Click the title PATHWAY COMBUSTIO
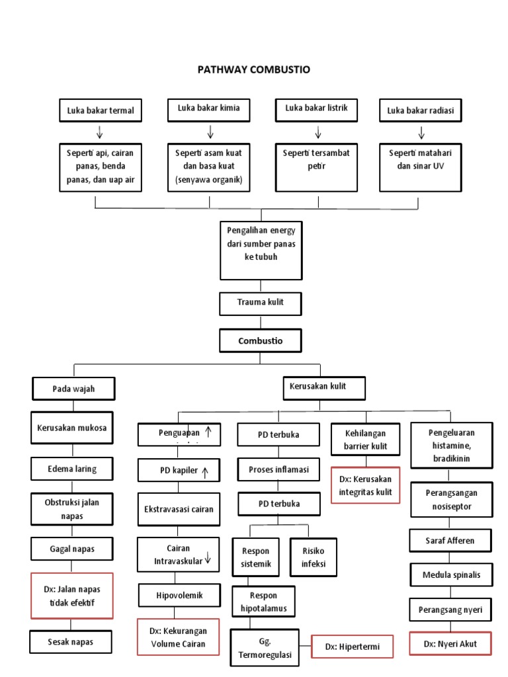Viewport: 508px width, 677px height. coord(255,69)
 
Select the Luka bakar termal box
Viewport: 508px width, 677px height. coord(100,110)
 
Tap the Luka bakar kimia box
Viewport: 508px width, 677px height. coord(208,108)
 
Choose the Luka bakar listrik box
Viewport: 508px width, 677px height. coord(316,108)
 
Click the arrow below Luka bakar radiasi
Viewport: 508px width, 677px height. coord(421,133)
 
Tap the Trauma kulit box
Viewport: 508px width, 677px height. coord(261,303)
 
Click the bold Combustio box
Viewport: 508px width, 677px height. coord(261,341)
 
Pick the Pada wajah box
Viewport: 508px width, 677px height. coord(73,389)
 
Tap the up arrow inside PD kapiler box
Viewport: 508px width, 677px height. coord(206,472)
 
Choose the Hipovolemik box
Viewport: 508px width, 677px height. coord(179,595)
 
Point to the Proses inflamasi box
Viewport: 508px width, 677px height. coord(278,469)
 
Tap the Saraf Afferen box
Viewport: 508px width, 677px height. coord(450,540)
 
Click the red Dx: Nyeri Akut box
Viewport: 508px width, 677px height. coord(450,643)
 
